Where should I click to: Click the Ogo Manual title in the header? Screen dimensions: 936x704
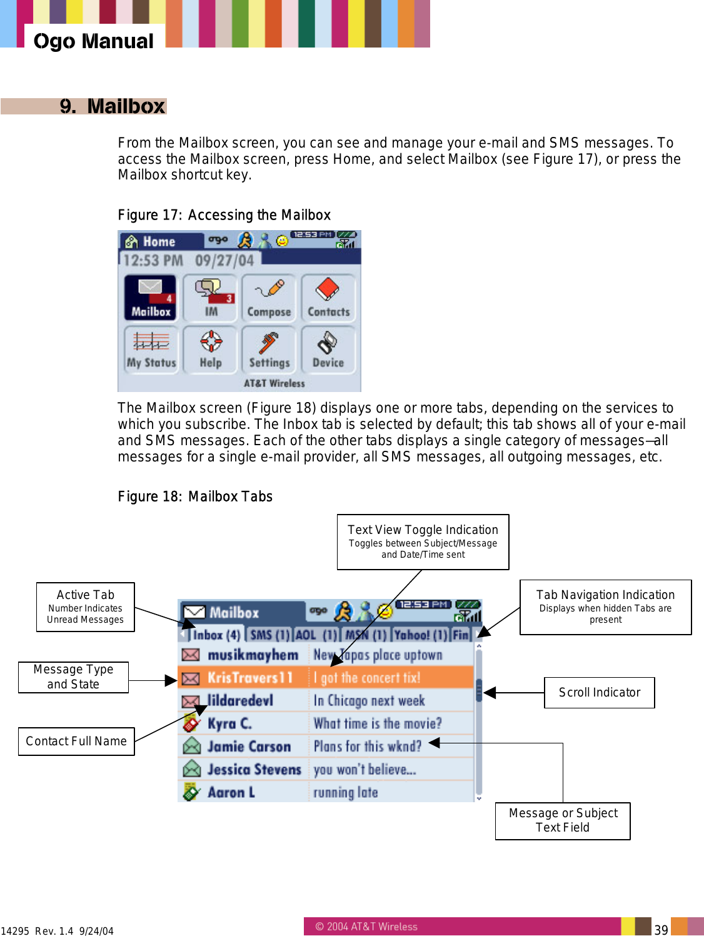[x=93, y=41]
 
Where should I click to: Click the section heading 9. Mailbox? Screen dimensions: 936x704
[x=113, y=106]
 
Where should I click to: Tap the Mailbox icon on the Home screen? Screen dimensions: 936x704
[x=150, y=298]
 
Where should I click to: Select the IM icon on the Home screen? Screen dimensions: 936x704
[x=211, y=298]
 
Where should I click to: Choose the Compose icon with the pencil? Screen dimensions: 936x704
[x=269, y=298]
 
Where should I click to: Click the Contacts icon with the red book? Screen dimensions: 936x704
[x=328, y=298]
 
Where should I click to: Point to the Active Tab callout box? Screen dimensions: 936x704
[x=86, y=606]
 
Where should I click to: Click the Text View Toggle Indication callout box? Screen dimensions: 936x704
[x=423, y=541]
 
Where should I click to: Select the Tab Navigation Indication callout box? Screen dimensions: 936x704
[x=605, y=606]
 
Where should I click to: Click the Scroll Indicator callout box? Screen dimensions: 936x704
[x=599, y=692]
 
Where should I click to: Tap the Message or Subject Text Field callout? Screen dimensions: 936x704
[x=563, y=820]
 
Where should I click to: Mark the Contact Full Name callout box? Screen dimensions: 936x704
[x=76, y=741]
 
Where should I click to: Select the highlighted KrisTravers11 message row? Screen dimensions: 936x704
[x=325, y=678]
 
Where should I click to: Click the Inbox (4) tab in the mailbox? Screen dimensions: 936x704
[x=216, y=635]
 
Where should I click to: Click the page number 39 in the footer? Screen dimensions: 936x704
[x=661, y=929]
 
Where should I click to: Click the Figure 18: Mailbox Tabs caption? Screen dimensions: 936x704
[x=195, y=496]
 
